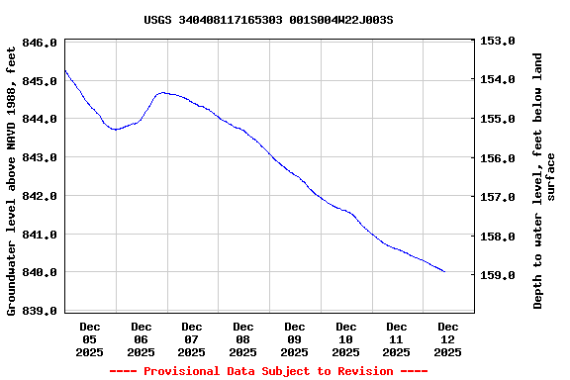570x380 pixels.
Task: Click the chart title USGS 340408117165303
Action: pyautogui.click(x=268, y=20)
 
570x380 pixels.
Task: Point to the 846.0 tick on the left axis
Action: pyautogui.click(x=41, y=43)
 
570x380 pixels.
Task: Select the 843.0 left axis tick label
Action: pyautogui.click(x=41, y=157)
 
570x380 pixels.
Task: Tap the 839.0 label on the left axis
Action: pyautogui.click(x=41, y=312)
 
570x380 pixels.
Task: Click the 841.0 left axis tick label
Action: pyautogui.click(x=41, y=235)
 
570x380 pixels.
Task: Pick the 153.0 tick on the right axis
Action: pyautogui.click(x=498, y=42)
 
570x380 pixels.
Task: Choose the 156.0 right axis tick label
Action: pyautogui.click(x=498, y=158)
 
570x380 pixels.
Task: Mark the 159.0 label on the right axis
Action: pyautogui.click(x=498, y=275)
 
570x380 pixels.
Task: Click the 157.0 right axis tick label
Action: pyautogui.click(x=498, y=197)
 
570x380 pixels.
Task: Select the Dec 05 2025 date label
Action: pyautogui.click(x=90, y=338)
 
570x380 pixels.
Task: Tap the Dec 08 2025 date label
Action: pyautogui.click(x=243, y=338)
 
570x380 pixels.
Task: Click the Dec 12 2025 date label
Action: pyautogui.click(x=448, y=338)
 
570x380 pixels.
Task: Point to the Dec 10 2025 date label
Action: pyautogui.click(x=345, y=338)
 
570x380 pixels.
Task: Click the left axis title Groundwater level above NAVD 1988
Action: pyautogui.click(x=12, y=178)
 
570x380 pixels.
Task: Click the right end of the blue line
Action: pyautogui.click(x=444, y=271)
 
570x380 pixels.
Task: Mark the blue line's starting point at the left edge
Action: pyautogui.click(x=65, y=70)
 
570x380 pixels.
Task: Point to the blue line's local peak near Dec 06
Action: pyautogui.click(x=163, y=92)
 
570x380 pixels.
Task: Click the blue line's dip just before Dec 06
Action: pyautogui.click(x=116, y=129)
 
